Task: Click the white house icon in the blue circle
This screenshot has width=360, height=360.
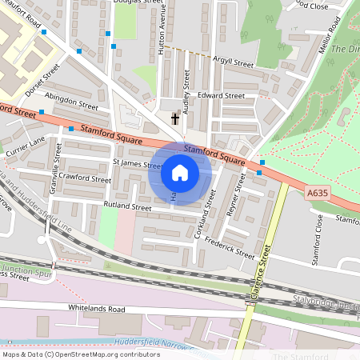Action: tap(180, 173)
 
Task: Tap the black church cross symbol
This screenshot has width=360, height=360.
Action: tap(174, 119)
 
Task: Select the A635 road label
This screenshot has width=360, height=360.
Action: tap(318, 192)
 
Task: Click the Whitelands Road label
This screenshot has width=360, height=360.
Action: tap(97, 308)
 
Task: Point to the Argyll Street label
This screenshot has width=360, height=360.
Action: tap(232, 62)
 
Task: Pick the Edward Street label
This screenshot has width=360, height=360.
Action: tap(222, 95)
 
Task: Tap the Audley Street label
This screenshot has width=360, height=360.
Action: tap(186, 92)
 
